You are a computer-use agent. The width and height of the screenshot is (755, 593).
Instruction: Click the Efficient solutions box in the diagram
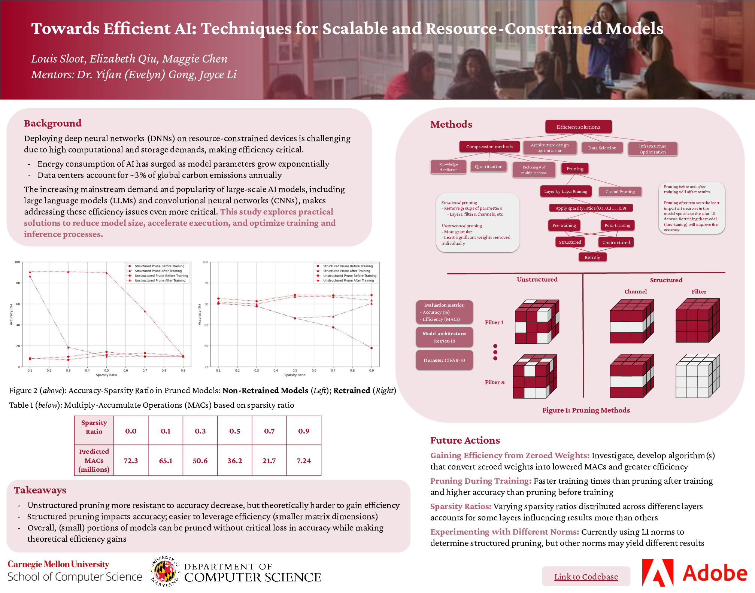[x=578, y=127]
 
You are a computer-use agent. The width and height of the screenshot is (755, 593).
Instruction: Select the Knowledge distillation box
[x=448, y=167]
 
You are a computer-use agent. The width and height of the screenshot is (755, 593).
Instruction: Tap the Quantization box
[x=488, y=167]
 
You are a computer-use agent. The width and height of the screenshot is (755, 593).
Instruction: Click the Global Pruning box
[x=620, y=192]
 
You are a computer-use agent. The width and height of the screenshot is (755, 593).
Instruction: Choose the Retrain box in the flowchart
[x=592, y=258]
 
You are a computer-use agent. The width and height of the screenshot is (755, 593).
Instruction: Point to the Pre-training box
[x=564, y=225]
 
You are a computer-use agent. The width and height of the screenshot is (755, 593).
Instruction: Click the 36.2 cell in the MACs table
[x=235, y=460]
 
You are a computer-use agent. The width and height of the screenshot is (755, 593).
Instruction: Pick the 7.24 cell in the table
[x=304, y=460]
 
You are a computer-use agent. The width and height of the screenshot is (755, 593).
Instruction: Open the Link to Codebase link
[x=586, y=577]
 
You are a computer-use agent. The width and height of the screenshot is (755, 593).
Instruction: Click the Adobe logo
[x=695, y=573]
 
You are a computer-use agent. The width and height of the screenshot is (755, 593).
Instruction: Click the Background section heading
[x=53, y=123]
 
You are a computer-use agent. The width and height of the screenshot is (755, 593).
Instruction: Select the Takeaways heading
[x=40, y=490]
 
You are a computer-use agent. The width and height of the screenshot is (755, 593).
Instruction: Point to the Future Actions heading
[x=465, y=440]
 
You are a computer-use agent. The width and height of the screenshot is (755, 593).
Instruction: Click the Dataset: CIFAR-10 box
[x=444, y=360]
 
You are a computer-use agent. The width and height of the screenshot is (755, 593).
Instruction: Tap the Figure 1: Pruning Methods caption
[x=586, y=410]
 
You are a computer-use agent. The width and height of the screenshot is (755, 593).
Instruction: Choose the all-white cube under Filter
[x=697, y=376]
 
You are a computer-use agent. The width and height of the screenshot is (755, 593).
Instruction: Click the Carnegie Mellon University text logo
[x=58, y=564]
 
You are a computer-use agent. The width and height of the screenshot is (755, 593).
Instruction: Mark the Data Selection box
[x=602, y=148]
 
